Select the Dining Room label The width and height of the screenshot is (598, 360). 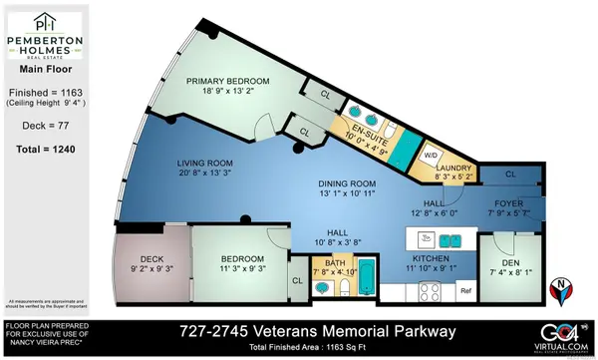point(346,183)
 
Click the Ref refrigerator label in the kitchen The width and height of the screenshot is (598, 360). point(465,290)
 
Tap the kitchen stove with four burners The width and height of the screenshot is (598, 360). point(432,292)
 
